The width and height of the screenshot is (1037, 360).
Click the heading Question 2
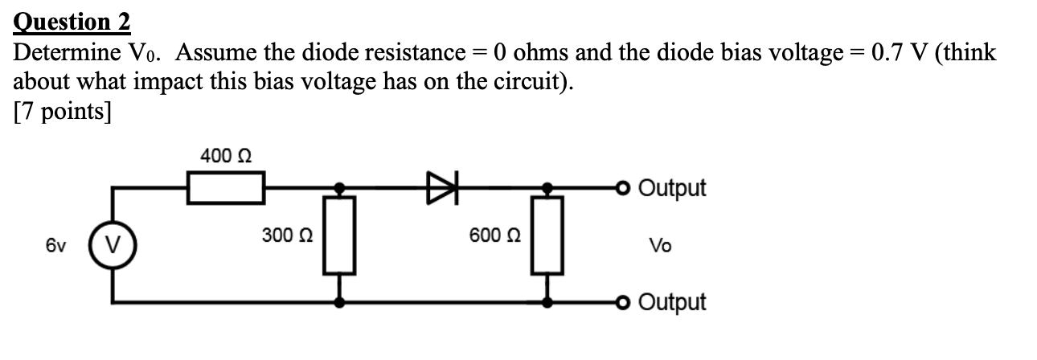point(72,21)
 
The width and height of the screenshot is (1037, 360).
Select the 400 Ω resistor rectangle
point(226,189)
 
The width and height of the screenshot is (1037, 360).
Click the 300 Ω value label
point(287,236)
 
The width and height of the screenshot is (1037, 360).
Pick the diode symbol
point(444,189)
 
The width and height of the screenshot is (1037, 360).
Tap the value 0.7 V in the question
point(895,54)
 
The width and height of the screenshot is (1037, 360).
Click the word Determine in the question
point(67,54)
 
